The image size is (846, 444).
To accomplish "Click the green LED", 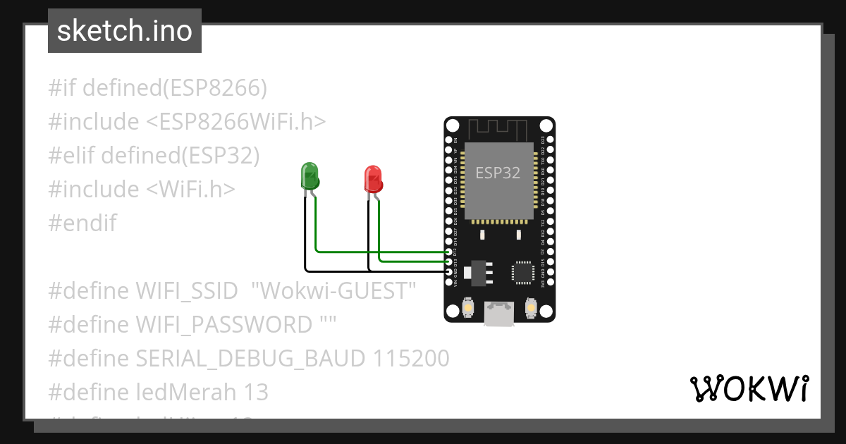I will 309,176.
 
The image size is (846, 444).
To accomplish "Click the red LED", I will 373,179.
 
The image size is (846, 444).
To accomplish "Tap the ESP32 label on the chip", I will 498,173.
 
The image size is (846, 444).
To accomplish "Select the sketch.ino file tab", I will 125,31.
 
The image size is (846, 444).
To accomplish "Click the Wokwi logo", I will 748,388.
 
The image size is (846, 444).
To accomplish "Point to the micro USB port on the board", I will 499,314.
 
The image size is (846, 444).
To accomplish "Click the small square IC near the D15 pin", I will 523,271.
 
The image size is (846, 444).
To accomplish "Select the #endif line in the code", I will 82,223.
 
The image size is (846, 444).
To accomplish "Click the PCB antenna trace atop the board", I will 499,129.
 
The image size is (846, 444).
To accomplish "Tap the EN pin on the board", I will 449,141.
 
